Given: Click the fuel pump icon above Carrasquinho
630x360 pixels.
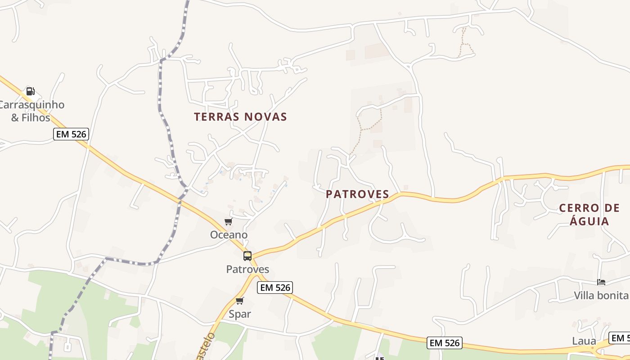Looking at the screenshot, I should pos(31,91).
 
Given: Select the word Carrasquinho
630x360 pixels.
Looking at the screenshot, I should pos(31,105).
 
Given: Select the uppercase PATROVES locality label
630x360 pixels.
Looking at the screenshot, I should pos(357,194).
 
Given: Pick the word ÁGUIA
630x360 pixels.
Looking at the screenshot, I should pos(589,221).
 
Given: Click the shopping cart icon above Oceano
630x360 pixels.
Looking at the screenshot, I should pos(228,221).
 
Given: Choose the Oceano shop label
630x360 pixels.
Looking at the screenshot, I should pos(229,235).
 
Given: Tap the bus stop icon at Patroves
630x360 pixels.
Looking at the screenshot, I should pos(247,256).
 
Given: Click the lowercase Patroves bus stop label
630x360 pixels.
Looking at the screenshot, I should pos(247,270).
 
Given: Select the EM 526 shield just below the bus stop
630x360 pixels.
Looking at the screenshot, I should pos(275,288).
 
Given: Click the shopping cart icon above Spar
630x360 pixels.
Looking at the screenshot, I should pos(239,301).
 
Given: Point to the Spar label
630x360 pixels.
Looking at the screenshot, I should pos(239,314).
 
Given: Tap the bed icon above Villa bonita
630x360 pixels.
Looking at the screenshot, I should pos(601,282).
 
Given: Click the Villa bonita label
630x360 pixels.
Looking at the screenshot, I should pos(601,296).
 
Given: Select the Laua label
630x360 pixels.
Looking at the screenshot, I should pos(584,341).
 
